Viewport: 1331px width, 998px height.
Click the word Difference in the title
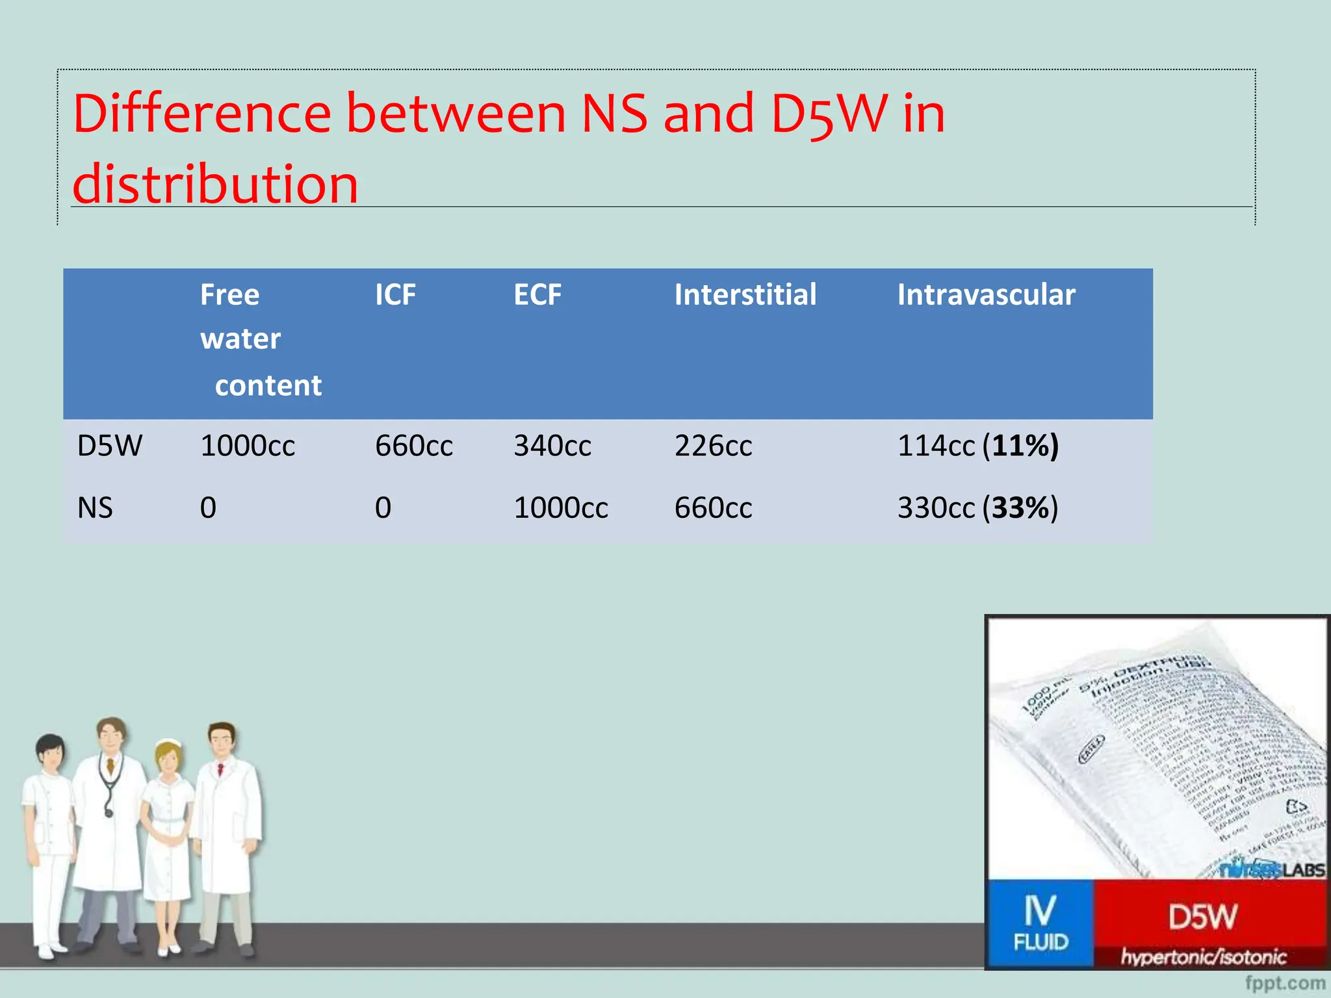pos(201,114)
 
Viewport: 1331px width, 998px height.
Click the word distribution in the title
pos(215,184)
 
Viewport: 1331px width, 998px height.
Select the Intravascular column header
pos(986,295)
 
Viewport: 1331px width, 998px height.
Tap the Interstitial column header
pos(745,295)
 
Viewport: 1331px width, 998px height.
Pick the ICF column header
pos(395,295)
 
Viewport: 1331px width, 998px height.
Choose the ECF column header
pos(537,295)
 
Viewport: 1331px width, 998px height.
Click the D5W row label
pos(109,446)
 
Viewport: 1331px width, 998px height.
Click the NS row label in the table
pos(95,508)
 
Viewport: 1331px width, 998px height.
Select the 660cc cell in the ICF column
pos(413,446)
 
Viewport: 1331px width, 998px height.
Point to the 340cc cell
pos(552,446)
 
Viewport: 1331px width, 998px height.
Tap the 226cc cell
pos(713,446)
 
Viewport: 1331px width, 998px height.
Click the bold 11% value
pos(1021,446)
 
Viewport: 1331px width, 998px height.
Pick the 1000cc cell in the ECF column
pos(560,508)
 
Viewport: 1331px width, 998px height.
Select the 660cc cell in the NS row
pos(713,508)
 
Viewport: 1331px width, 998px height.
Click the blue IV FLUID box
pos(1040,923)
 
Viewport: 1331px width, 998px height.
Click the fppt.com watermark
pos(1285,983)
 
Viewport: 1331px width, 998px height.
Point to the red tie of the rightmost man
pos(220,771)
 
